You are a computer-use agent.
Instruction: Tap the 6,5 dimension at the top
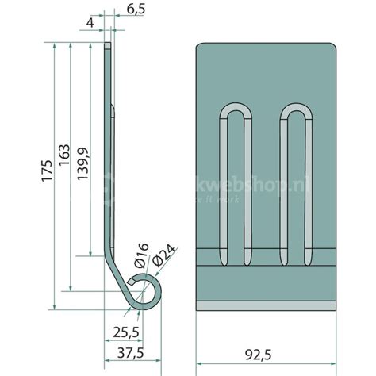coord(136,11)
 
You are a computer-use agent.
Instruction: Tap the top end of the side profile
coord(109,48)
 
